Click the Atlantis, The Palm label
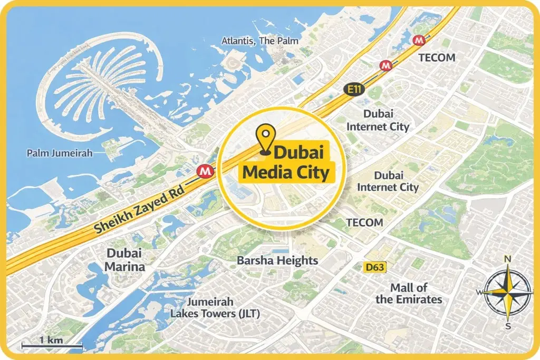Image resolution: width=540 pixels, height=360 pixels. (x=260, y=41)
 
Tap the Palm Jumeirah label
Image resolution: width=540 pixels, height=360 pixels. (x=60, y=153)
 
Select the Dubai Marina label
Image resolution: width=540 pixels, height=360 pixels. (x=124, y=260)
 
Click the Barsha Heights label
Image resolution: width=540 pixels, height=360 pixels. (x=277, y=260)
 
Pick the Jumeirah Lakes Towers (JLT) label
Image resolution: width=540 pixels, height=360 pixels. (x=215, y=308)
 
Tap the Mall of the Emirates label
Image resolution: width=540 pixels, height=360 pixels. (x=409, y=294)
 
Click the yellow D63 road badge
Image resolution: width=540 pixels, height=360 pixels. (x=375, y=268)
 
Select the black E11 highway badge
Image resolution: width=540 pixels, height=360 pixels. (x=354, y=90)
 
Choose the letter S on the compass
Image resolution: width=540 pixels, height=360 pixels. (x=508, y=326)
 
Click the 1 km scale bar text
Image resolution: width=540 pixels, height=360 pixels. (x=51, y=340)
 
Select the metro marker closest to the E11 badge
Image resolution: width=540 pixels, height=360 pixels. (x=387, y=65)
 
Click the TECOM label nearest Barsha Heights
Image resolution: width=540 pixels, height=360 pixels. (x=365, y=222)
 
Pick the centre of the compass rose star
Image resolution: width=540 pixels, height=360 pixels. (x=508, y=292)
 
